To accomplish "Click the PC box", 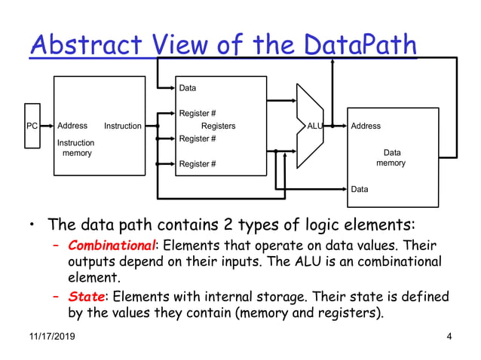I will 32,126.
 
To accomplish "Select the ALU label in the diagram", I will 315,127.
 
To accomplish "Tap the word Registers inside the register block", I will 218,127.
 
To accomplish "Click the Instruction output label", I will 122,127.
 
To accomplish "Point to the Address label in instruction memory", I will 72,126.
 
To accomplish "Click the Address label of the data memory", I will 366,127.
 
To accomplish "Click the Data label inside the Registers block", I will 188,89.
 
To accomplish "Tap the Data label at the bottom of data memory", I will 360,189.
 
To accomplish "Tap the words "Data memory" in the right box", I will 391,158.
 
